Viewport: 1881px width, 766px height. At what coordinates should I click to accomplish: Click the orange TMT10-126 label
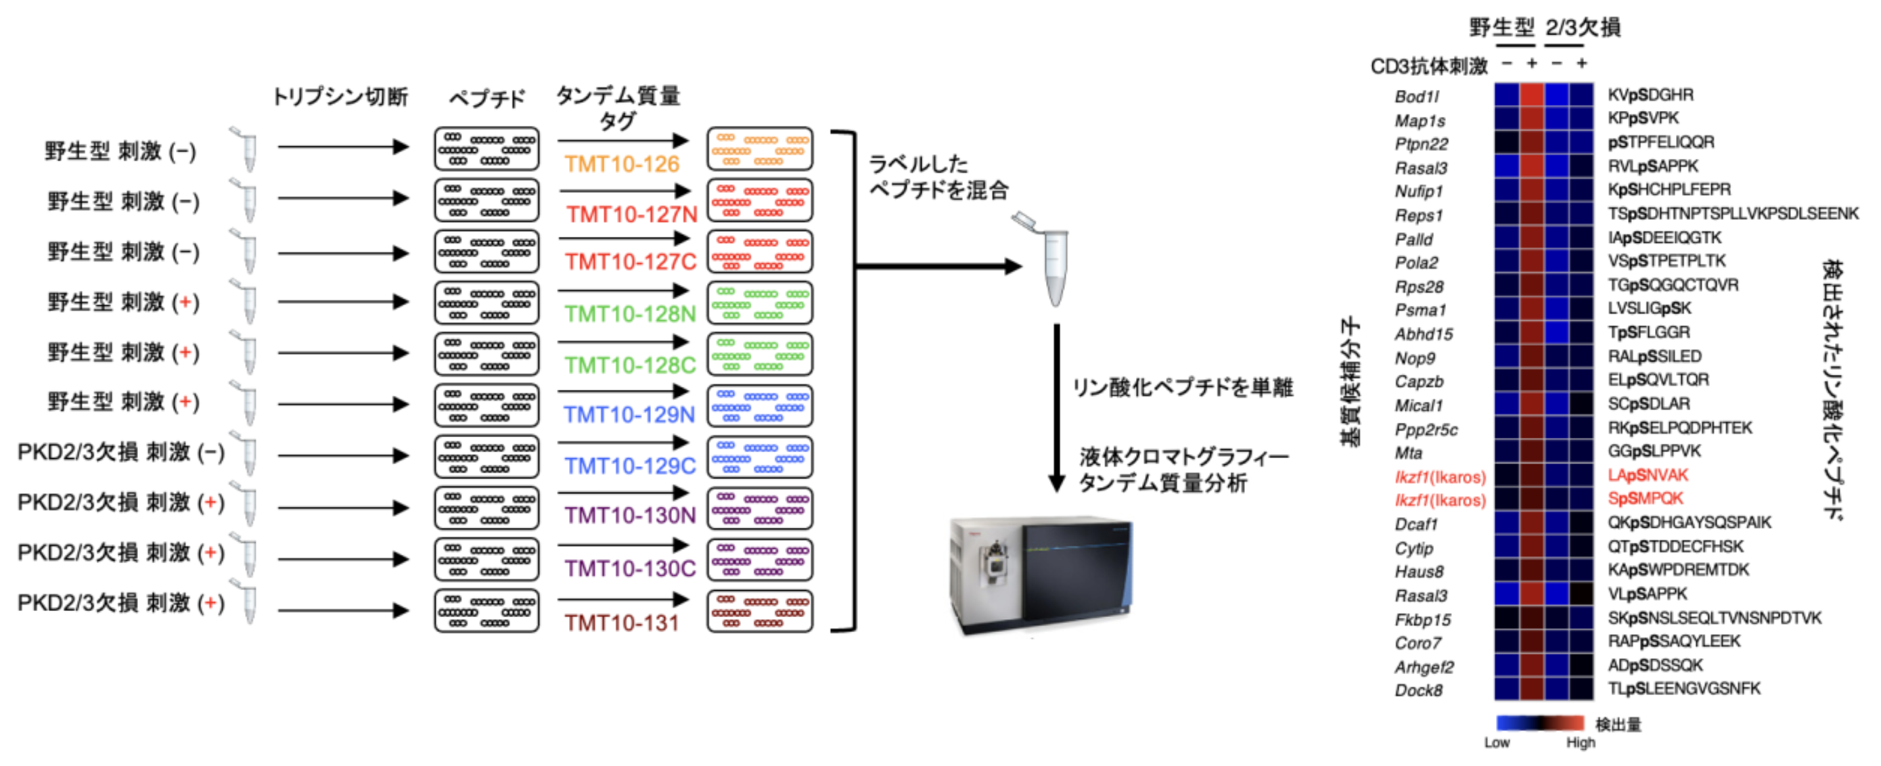621,164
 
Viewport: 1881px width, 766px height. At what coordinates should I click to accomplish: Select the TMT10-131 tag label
621,623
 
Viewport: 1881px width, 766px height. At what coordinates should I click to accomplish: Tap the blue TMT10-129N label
629,415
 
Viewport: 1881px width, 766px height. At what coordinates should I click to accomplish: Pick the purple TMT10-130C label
629,568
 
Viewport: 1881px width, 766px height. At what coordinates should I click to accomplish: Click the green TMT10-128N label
629,314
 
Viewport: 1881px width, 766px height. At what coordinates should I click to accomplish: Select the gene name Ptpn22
1421,144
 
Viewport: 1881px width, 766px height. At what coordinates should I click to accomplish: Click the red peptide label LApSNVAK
1648,476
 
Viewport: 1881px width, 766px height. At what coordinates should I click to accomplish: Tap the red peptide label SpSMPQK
1644,499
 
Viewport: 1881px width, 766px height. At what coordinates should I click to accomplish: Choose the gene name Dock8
1418,690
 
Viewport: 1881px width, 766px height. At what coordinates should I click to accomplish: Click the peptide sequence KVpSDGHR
1650,95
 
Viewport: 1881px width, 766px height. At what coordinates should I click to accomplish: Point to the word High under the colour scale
1580,742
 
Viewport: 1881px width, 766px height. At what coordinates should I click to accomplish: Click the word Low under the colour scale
1496,742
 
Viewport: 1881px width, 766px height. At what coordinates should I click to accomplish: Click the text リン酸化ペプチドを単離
1182,387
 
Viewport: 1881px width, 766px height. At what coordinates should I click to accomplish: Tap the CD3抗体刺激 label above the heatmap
1428,66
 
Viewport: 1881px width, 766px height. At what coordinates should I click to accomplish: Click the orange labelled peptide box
759,148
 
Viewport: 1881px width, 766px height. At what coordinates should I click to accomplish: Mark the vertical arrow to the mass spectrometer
1056,409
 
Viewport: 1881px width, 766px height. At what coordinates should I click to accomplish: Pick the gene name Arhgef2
1424,667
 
